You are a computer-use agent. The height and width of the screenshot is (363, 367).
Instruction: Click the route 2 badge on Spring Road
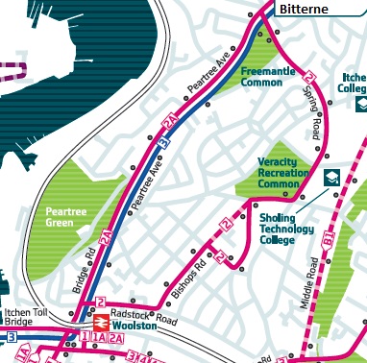coord(308,77)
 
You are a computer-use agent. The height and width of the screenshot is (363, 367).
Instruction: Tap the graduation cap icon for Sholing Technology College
coord(331,176)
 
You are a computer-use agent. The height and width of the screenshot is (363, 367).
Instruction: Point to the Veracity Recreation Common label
coord(284,173)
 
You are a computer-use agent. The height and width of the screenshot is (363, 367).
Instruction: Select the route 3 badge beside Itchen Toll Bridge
coord(10,336)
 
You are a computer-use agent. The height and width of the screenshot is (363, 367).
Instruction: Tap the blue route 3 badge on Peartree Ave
coord(164,142)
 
